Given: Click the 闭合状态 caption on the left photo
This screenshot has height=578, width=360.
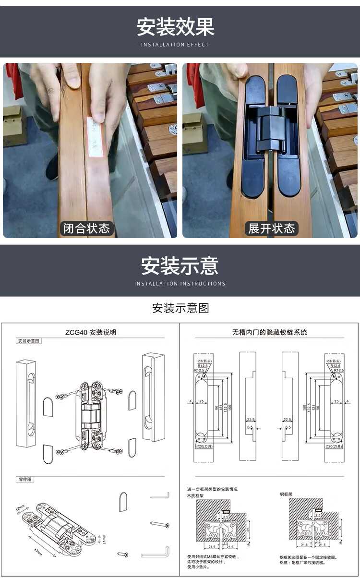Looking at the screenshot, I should point(86,228).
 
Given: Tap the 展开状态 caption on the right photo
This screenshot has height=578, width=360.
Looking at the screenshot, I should point(271,228).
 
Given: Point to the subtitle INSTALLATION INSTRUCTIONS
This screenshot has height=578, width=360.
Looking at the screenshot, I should point(180,284).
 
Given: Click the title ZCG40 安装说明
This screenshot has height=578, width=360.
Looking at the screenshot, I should point(90,332).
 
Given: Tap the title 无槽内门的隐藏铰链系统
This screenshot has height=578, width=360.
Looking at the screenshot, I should point(269,332).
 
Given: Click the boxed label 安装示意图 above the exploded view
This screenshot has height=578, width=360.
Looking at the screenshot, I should point(29,341).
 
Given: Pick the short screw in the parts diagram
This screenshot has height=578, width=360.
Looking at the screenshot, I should point(123,554).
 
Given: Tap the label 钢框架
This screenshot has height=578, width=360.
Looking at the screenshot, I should point(286,494).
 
